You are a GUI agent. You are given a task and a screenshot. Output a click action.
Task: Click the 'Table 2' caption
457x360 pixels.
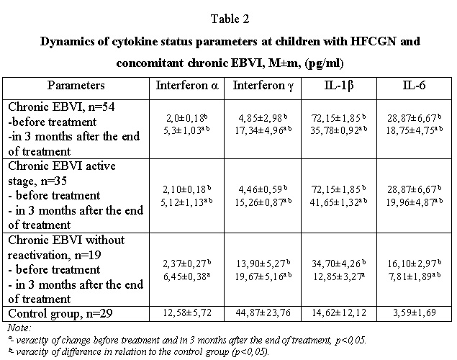pyautogui.click(x=230, y=19)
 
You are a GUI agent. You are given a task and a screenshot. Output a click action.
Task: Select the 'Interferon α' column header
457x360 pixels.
pyautogui.click(x=187, y=86)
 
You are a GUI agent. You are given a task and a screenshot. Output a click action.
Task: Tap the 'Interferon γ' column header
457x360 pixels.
pyautogui.click(x=263, y=86)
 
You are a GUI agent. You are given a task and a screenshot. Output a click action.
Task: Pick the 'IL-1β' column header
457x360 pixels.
pyautogui.click(x=339, y=86)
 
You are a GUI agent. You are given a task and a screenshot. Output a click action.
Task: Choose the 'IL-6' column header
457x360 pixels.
pyautogui.click(x=414, y=85)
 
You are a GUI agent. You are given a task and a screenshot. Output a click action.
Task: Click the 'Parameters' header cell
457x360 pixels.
pyautogui.click(x=76, y=86)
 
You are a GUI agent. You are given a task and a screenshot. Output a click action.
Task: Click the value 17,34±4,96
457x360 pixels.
pyautogui.click(x=259, y=130)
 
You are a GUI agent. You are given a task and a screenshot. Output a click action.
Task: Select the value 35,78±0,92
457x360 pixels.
pyautogui.click(x=335, y=130)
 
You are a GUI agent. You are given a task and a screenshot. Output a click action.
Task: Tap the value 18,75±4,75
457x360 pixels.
pyautogui.click(x=410, y=130)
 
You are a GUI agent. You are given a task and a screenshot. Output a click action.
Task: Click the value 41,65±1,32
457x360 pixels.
pyautogui.click(x=335, y=202)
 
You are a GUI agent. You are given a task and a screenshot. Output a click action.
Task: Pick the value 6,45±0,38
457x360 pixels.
pyautogui.click(x=185, y=276)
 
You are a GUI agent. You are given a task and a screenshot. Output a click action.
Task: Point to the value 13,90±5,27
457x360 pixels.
pyautogui.click(x=261, y=264)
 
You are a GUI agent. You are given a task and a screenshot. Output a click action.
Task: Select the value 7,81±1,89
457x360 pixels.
pyautogui.click(x=410, y=276)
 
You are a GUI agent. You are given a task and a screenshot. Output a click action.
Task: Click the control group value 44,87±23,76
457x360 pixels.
pyautogui.click(x=263, y=312)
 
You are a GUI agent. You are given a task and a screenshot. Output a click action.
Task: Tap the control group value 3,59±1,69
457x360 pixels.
pyautogui.click(x=414, y=312)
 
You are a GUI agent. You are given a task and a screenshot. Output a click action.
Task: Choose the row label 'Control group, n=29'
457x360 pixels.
pyautogui.click(x=60, y=314)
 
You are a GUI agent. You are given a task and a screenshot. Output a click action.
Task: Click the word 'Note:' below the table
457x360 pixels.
pyautogui.click(x=19, y=328)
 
